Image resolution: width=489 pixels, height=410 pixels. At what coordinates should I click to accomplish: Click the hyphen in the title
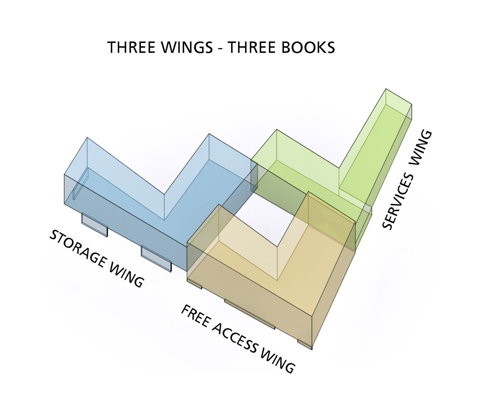click(220, 48)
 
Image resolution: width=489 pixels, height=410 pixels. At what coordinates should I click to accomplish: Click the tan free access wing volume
click(260, 290)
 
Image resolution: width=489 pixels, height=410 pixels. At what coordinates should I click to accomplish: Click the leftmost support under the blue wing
click(95, 225)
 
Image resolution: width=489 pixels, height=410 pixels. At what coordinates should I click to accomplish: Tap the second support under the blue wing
click(156, 258)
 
